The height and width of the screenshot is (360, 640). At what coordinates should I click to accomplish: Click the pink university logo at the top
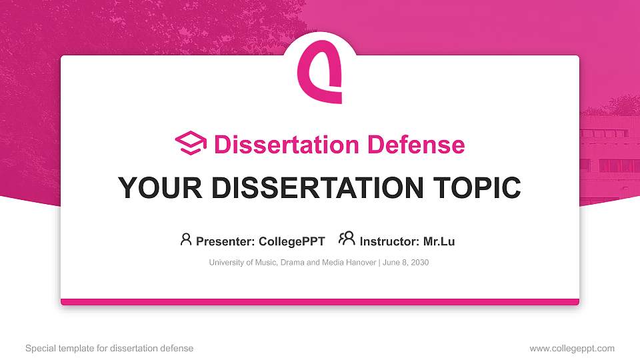319,71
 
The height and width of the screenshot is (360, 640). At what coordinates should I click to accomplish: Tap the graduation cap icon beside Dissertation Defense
191,143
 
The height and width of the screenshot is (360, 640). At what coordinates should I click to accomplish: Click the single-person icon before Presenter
186,239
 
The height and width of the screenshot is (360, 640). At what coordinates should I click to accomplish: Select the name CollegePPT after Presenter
292,241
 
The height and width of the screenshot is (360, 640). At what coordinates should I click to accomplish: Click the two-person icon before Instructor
347,239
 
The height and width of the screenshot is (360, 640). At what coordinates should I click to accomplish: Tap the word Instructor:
389,241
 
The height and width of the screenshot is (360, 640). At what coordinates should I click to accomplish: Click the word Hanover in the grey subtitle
360,263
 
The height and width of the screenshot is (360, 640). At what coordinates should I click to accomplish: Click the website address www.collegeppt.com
572,349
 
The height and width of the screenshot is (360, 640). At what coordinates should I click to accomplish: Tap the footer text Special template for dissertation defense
109,349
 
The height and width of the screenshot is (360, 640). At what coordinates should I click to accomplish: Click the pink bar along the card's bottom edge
320,302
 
